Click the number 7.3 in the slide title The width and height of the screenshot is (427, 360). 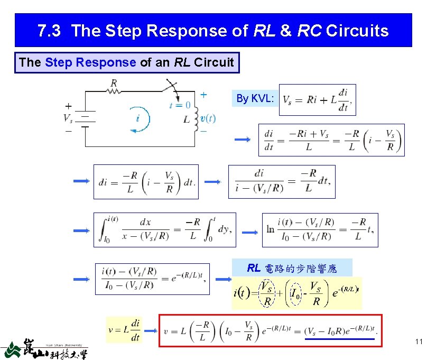50,31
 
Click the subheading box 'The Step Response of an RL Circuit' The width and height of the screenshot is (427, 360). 127,62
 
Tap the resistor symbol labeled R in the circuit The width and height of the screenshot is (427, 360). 114,91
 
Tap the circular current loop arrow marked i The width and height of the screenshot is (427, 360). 138,118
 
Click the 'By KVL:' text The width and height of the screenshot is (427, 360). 255,98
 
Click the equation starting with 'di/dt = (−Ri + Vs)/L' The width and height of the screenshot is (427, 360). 331,140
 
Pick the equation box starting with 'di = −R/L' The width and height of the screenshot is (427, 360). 146,182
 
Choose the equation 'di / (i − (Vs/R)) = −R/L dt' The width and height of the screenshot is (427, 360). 281,181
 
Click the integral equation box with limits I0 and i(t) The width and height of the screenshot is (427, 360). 164,229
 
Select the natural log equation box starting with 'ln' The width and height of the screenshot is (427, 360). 320,229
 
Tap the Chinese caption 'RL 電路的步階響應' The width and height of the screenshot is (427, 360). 292,268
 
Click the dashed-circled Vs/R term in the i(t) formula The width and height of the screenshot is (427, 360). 267,294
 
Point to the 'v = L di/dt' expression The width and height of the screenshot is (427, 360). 125,330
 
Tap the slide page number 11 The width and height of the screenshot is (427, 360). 419,342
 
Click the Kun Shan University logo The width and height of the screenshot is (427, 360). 45,347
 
